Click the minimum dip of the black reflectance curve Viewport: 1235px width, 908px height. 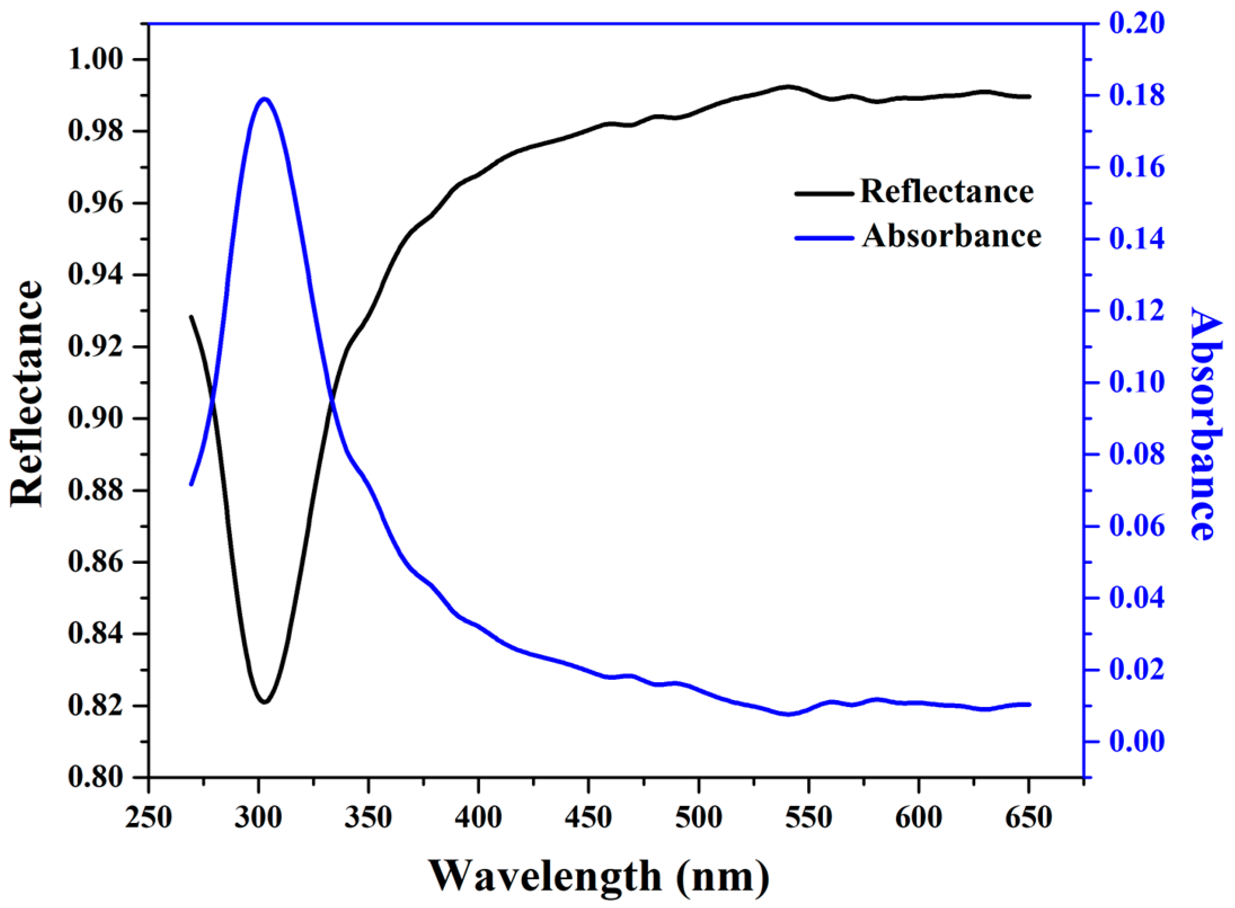click(x=264, y=702)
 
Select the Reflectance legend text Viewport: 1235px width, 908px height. click(x=946, y=192)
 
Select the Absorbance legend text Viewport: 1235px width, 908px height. click(x=951, y=236)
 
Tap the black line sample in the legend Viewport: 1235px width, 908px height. click(x=824, y=193)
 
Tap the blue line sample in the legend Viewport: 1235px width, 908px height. click(x=824, y=238)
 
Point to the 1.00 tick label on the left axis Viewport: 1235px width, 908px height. click(x=95, y=59)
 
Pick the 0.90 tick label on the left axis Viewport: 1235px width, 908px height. click(x=95, y=418)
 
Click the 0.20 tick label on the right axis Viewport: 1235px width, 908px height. click(x=1136, y=23)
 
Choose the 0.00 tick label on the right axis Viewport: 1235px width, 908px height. click(x=1136, y=741)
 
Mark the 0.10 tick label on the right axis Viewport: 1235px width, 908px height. click(x=1136, y=382)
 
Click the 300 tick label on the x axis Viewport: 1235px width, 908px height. click(x=258, y=817)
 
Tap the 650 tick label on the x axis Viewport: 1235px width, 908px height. click(x=1028, y=817)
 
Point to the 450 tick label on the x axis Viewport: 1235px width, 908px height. click(x=588, y=817)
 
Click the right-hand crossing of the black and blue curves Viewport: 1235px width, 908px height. click(x=332, y=402)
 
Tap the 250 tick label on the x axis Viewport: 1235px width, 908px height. click(x=148, y=817)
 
